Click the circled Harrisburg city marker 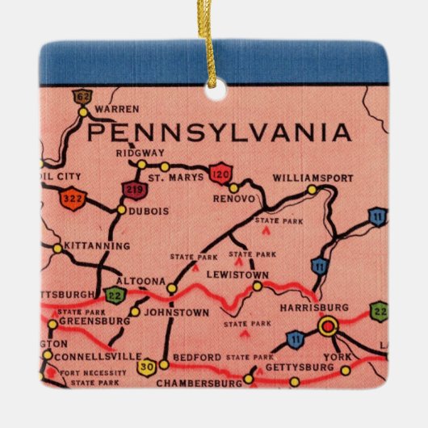click(328, 326)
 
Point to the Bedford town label click(196, 357)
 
